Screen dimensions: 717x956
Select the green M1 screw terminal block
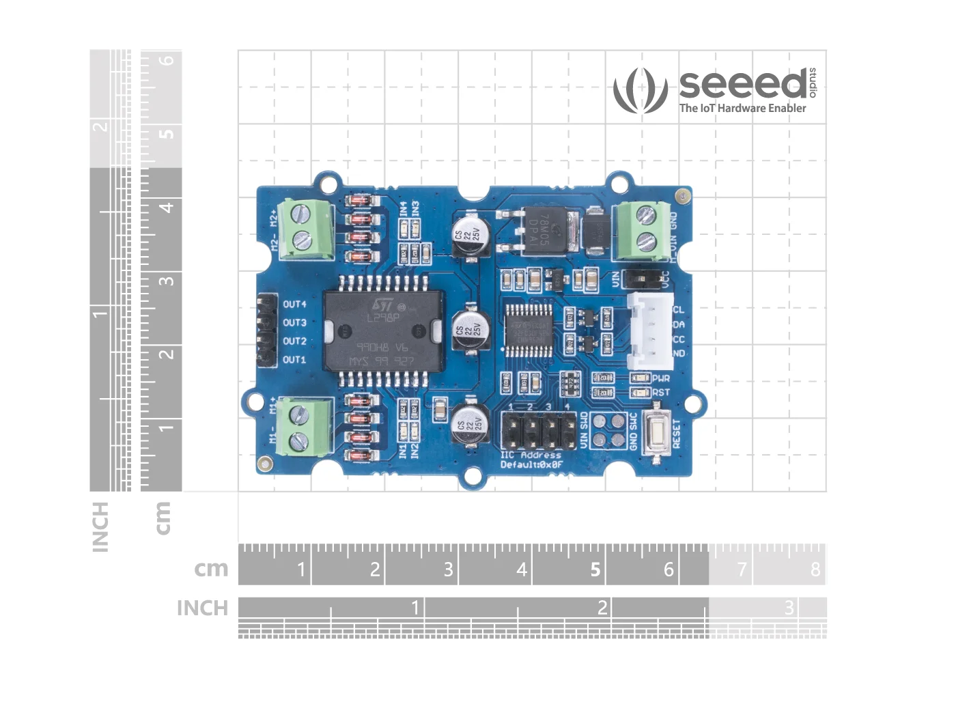(305, 426)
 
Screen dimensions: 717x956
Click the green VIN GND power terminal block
(641, 230)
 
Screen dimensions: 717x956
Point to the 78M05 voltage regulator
(546, 231)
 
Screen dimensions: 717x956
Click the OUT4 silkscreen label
(294, 304)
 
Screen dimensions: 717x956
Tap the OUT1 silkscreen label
(294, 359)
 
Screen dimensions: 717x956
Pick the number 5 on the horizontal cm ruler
(595, 569)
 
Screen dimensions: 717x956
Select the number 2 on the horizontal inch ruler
(602, 607)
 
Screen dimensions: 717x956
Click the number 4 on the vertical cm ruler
(166, 206)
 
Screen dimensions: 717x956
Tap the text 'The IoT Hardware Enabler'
(742, 108)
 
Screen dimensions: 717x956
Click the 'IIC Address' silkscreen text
(531, 455)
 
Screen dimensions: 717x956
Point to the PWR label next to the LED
(661, 378)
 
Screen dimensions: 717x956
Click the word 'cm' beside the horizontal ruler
(210, 568)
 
